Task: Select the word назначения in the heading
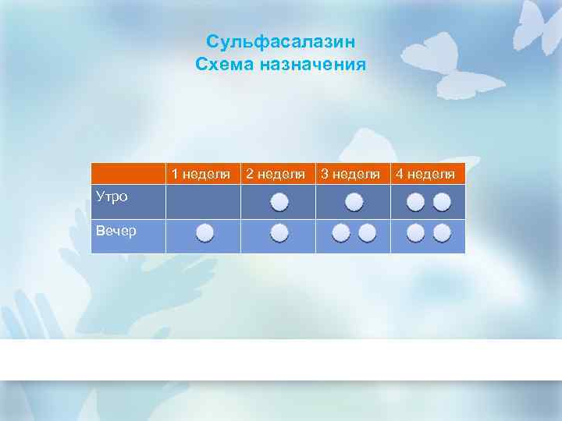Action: (317, 65)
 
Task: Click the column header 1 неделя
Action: (201, 173)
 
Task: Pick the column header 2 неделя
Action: (276, 173)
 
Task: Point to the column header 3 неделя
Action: (350, 173)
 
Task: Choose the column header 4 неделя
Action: (425, 173)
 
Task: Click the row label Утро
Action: (110, 196)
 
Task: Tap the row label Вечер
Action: (114, 230)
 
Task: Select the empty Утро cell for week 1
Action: (203, 201)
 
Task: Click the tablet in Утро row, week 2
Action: (279, 203)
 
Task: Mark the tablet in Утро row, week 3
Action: (354, 203)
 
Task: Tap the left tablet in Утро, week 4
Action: (416, 203)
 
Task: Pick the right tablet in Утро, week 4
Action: (442, 203)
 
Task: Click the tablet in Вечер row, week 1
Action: (205, 232)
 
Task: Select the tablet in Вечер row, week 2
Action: (279, 232)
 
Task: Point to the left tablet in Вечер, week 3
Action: (340, 232)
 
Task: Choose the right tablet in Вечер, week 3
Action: (367, 232)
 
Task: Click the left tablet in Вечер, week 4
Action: (416, 232)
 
